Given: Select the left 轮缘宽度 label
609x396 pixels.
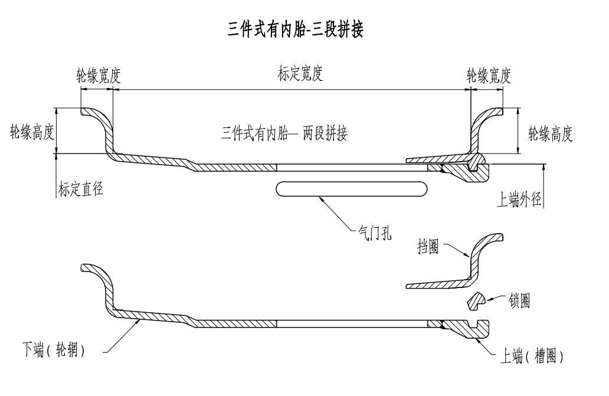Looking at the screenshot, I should [x=99, y=76].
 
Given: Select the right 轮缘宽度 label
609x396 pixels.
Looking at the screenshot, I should [x=489, y=76].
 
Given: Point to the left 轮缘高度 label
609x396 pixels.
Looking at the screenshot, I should [x=31, y=131].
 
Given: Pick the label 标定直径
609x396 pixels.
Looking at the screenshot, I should [x=81, y=189].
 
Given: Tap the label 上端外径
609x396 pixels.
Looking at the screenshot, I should [x=519, y=200].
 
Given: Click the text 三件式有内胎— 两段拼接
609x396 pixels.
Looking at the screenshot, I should [x=284, y=133].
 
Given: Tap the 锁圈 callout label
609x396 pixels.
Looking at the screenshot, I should [x=519, y=300].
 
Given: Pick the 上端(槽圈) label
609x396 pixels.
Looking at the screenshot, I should [x=532, y=357].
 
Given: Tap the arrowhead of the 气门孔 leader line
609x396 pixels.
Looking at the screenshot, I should [x=319, y=198].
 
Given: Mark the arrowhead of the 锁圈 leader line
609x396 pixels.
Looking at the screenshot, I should [x=487, y=298].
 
